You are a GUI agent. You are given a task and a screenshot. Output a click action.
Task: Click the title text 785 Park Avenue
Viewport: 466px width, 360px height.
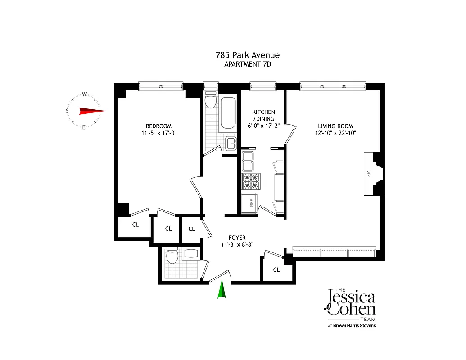click(x=247, y=55)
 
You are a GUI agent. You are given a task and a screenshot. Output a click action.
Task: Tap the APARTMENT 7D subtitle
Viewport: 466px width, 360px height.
click(x=247, y=64)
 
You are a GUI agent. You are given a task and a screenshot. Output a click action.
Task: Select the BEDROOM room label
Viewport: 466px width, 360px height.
click(x=158, y=126)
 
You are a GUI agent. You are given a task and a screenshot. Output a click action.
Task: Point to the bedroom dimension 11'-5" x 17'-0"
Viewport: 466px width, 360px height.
click(x=158, y=133)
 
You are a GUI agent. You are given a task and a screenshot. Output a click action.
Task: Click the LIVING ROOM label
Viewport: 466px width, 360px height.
click(x=335, y=126)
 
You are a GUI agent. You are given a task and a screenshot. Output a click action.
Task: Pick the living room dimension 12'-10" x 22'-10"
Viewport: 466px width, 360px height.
click(x=335, y=133)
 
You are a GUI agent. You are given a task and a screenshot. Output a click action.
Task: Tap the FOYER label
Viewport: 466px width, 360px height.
click(x=237, y=238)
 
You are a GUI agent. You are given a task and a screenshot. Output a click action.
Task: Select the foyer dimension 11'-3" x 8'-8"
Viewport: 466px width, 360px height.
click(x=237, y=245)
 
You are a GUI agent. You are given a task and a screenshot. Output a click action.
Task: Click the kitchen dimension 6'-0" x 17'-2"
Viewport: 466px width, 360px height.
click(x=263, y=126)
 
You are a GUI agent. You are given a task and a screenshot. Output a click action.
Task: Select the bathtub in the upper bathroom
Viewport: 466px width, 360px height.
click(x=228, y=112)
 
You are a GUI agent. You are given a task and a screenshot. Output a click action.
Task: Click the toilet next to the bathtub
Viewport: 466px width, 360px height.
click(x=210, y=102)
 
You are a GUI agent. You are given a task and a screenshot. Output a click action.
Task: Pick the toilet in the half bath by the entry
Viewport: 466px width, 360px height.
click(x=172, y=257)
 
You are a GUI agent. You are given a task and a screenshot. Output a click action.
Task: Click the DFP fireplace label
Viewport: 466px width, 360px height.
click(x=369, y=173)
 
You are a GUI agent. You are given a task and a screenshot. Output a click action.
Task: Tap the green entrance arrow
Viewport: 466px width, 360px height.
click(x=222, y=289)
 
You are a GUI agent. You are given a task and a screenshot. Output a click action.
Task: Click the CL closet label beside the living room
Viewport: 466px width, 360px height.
click(x=276, y=270)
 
